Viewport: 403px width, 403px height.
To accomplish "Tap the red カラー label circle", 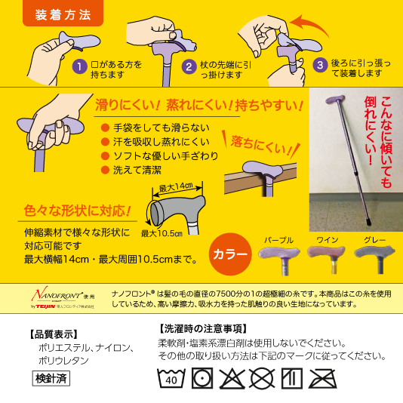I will (x=229, y=254).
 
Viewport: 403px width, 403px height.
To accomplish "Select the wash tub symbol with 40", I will (x=171, y=377).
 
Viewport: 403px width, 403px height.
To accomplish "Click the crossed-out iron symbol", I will (x=322, y=377).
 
